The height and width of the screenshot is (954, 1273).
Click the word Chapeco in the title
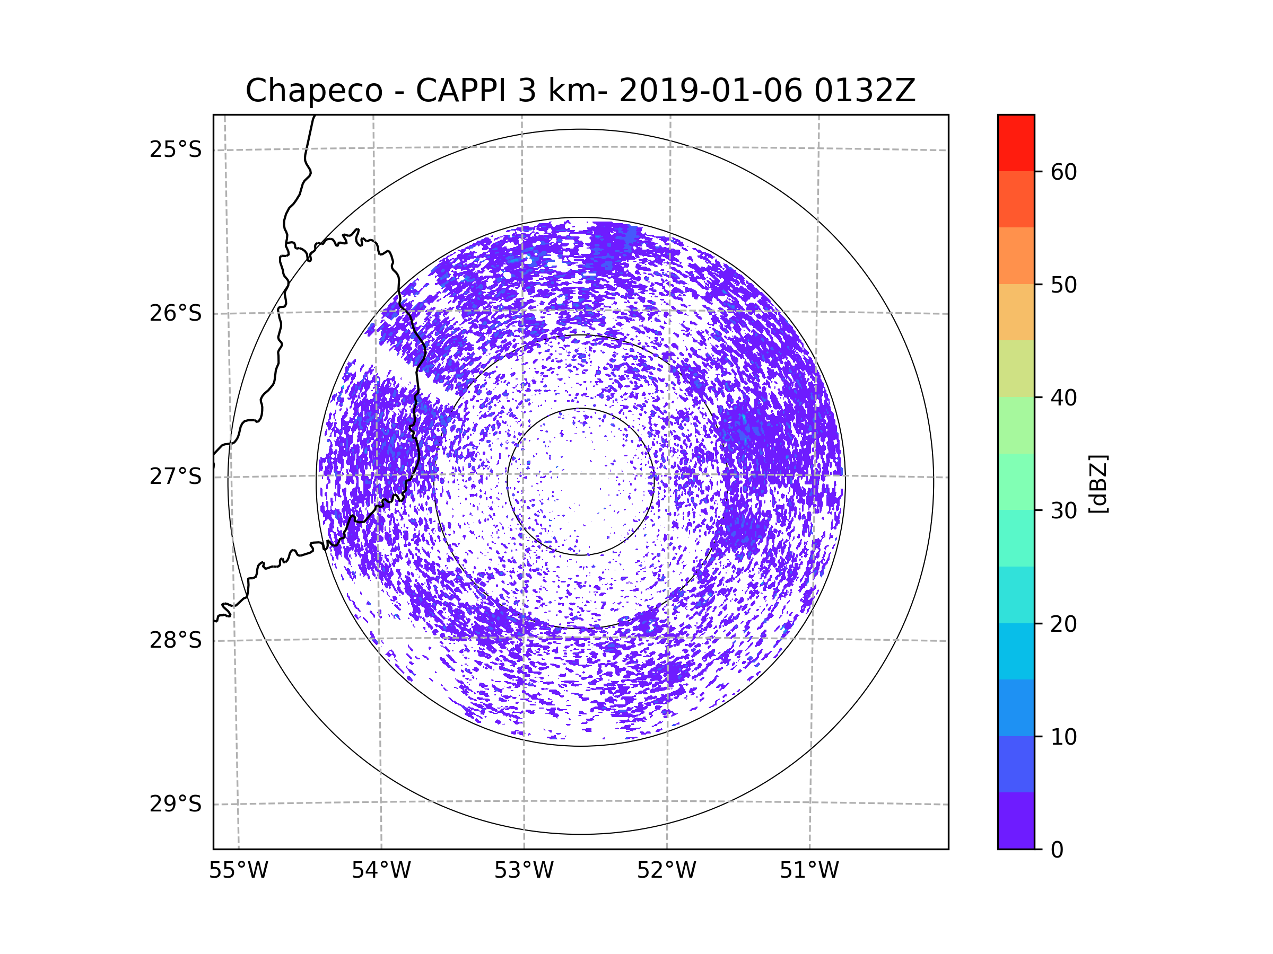(x=314, y=91)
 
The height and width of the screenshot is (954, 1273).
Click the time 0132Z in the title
(x=865, y=91)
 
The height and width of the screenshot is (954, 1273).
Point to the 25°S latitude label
(x=176, y=149)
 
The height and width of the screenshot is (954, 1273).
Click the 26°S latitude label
(x=176, y=313)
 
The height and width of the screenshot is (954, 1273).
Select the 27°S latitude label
(x=176, y=476)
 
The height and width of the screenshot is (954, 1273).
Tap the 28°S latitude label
(x=176, y=640)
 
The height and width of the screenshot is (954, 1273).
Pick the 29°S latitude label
(x=176, y=804)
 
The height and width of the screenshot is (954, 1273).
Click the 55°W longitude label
(x=238, y=871)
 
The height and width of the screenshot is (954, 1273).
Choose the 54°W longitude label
(x=381, y=871)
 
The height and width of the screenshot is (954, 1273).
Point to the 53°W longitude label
(x=524, y=871)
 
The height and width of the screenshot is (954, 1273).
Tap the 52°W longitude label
(x=666, y=871)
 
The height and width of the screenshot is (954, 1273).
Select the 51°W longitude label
(x=809, y=871)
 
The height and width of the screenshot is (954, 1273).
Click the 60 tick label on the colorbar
(x=1063, y=172)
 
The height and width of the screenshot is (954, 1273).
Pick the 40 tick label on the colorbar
(x=1063, y=398)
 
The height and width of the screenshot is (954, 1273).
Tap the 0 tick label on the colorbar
(x=1057, y=850)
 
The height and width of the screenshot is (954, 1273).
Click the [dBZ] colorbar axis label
(x=1098, y=483)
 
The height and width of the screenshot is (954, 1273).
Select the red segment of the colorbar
(x=1016, y=143)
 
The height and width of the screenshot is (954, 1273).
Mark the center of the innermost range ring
(x=581, y=482)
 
